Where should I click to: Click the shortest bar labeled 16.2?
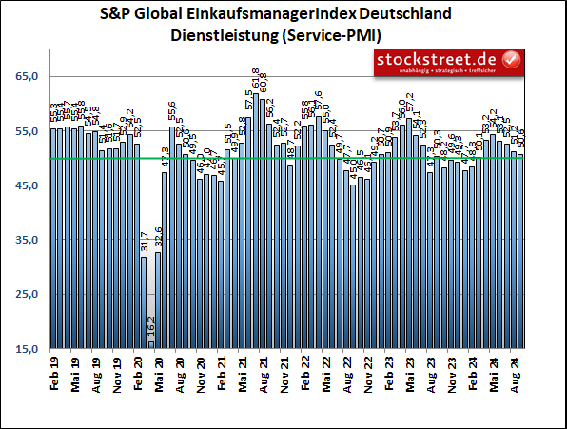[150, 346]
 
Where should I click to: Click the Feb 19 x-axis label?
[54, 371]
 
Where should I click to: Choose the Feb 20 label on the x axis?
[138, 371]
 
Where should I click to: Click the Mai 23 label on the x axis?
[410, 371]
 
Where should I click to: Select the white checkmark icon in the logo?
[512, 62]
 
